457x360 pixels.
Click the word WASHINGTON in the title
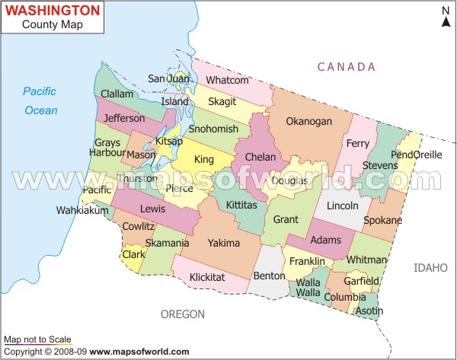pyautogui.click(x=53, y=11)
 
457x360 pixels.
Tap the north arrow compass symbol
pyautogui.click(x=446, y=17)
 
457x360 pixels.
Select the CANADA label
pyautogui.click(x=346, y=67)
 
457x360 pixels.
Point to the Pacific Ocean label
pyautogui.click(x=40, y=100)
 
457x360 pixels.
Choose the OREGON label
pyautogui.click(x=183, y=314)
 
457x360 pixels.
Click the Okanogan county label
pyautogui.click(x=308, y=121)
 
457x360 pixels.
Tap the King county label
pyautogui.click(x=204, y=160)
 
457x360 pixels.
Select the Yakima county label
pyautogui.click(x=223, y=243)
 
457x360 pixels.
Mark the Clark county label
pyautogui.click(x=134, y=254)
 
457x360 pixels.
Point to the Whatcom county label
pyautogui.click(x=228, y=80)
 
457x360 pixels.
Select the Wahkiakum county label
pyautogui.click(x=82, y=210)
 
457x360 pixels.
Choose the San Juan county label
pyautogui.click(x=168, y=78)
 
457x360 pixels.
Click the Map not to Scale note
pyautogui.click(x=37, y=339)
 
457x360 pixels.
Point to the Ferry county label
pyautogui.click(x=357, y=143)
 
